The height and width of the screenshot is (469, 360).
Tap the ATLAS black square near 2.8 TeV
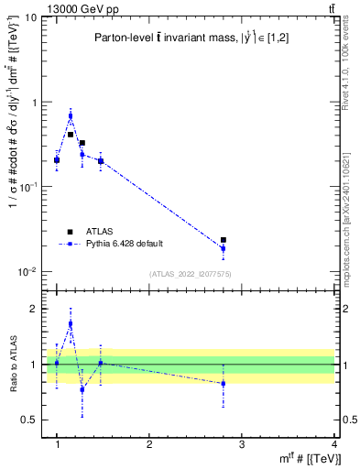coord(224,240)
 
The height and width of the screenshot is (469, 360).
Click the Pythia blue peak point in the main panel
coord(71,116)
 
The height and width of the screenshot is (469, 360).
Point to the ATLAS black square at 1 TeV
coord(57,160)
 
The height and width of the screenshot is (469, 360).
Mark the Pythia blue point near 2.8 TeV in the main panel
coord(224,248)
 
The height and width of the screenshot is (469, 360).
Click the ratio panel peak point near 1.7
coord(71,323)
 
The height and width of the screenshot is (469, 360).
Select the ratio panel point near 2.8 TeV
coord(224,384)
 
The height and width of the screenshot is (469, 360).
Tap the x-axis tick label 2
coord(149,444)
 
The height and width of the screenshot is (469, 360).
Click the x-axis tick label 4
coord(334,444)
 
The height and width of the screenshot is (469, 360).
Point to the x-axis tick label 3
coord(242,444)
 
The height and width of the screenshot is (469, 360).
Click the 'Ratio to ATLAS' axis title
coord(12,365)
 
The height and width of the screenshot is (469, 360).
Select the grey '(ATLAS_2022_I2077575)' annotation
coord(190,274)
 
